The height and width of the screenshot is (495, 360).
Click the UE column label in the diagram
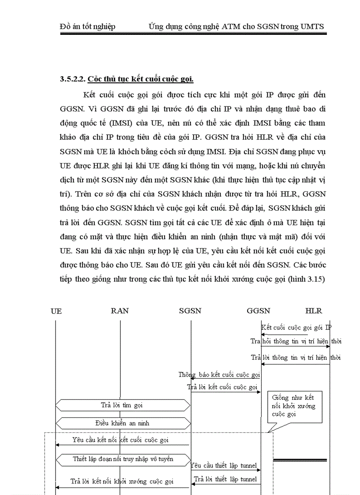[56, 311]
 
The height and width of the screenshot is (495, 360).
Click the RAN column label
[120, 311]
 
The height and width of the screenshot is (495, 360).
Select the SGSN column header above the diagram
[190, 311]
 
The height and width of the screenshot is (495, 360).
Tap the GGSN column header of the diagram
[259, 311]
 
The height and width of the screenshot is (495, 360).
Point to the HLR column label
[314, 311]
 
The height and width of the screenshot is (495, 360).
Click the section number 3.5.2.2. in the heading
[73, 79]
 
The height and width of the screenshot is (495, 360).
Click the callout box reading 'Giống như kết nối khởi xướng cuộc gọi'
[294, 406]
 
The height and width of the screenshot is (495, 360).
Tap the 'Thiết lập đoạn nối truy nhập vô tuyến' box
[123, 459]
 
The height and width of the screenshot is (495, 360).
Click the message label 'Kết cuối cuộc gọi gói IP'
[296, 328]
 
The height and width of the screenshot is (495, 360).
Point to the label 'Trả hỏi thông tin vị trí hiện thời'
[296, 341]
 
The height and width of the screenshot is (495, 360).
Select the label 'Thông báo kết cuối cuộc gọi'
[219, 375]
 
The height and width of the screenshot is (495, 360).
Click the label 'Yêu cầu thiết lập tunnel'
[224, 465]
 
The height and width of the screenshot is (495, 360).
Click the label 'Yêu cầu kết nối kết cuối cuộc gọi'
[120, 440]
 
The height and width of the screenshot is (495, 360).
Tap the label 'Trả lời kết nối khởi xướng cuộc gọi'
[122, 481]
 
